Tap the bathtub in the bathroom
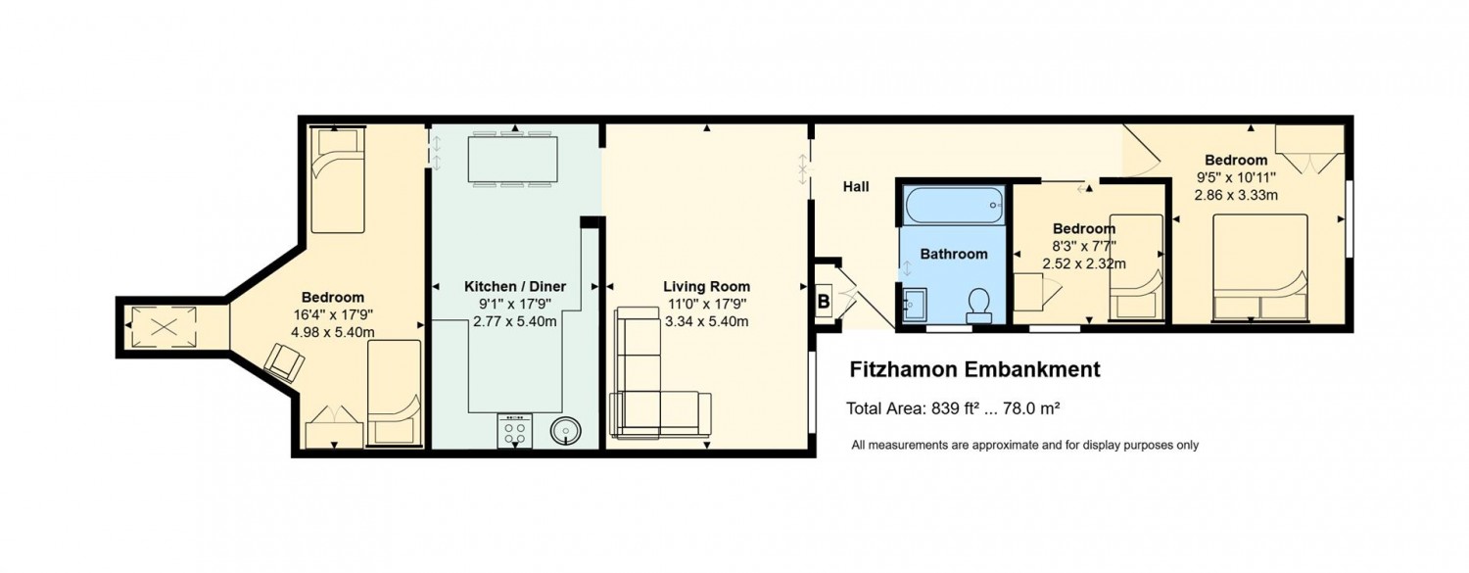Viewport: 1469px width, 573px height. point(954,205)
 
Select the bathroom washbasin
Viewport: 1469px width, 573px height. point(915,305)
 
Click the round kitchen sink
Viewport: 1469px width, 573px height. point(565,430)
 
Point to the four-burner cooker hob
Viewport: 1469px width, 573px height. point(515,431)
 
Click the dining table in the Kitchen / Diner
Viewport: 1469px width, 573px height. point(513,160)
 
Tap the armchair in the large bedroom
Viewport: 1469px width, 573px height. point(285,362)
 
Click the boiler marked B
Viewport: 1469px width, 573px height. point(825,301)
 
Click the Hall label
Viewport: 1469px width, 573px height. point(856,187)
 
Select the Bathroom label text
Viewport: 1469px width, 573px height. point(954,254)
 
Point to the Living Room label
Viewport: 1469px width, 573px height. point(706,286)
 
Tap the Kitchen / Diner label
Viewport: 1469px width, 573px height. point(515,286)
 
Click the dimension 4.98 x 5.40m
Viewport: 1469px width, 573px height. point(333,332)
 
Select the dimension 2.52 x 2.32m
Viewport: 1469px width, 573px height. point(1084,263)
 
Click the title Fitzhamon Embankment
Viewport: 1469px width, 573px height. point(974,369)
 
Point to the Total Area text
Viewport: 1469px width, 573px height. point(954,408)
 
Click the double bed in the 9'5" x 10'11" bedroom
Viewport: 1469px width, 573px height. point(1259,266)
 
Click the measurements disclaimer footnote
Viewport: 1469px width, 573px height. point(1025,445)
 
